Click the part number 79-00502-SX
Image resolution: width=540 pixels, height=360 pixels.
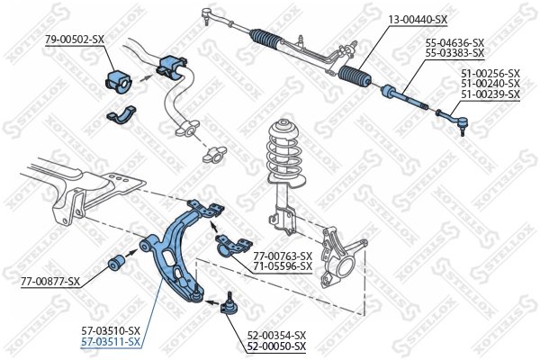[76, 38]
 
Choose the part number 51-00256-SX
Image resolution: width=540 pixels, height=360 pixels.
[490, 73]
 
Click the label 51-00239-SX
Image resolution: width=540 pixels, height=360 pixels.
[490, 94]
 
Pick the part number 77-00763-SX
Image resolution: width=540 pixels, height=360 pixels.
[282, 255]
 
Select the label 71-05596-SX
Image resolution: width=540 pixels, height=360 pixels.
[282, 265]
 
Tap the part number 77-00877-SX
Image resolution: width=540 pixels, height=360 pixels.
[50, 282]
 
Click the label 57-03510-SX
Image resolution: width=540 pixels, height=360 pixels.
[111, 330]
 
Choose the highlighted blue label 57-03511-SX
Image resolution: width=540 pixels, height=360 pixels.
[111, 342]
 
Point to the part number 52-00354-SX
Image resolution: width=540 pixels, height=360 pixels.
[276, 335]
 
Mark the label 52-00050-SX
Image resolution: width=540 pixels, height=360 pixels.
[276, 346]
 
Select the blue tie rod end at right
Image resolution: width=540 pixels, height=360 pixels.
[450, 116]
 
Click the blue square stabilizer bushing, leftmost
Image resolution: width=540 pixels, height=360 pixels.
[119, 79]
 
